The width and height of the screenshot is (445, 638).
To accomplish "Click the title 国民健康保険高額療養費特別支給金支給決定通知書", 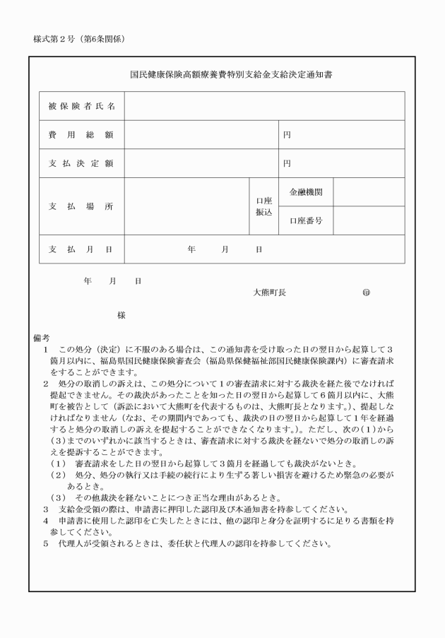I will coord(222,73).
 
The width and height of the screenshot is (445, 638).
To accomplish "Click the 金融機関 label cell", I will coord(306,192).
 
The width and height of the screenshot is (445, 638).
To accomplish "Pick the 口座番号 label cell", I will coord(306,221).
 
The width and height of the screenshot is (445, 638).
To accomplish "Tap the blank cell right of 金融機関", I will coord(368,192).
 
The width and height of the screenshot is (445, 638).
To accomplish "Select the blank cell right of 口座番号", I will coord(368,221).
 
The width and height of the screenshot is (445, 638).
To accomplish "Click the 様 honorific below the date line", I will coord(121,316).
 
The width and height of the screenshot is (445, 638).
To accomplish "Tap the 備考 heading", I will coord(40,338).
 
